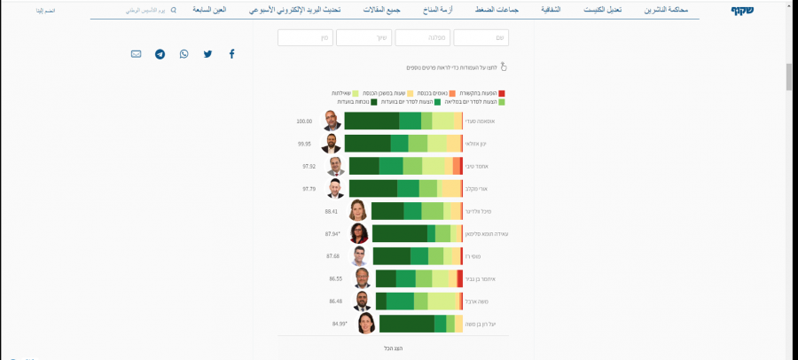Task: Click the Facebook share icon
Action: pyautogui.click(x=232, y=54)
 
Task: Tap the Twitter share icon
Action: pyautogui.click(x=207, y=54)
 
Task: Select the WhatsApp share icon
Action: pyautogui.click(x=184, y=54)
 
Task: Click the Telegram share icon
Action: pyautogui.click(x=160, y=54)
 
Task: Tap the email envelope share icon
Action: pyautogui.click(x=136, y=54)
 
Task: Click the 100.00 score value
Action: pyautogui.click(x=305, y=121)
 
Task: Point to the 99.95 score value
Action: pyautogui.click(x=305, y=144)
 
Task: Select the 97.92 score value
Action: pyautogui.click(x=309, y=166)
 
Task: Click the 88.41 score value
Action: pyautogui.click(x=332, y=211)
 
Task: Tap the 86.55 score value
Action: pyautogui.click(x=335, y=278)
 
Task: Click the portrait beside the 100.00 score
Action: pyautogui.click(x=331, y=121)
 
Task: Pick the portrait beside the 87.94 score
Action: pyautogui.click(x=359, y=233)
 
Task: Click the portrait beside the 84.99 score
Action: pyautogui.click(x=365, y=324)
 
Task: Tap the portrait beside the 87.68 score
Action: pyautogui.click(x=358, y=256)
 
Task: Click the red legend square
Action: pyautogui.click(x=501, y=92)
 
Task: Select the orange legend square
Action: pyautogui.click(x=453, y=92)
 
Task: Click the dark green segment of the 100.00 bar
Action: pyautogui.click(x=371, y=121)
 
